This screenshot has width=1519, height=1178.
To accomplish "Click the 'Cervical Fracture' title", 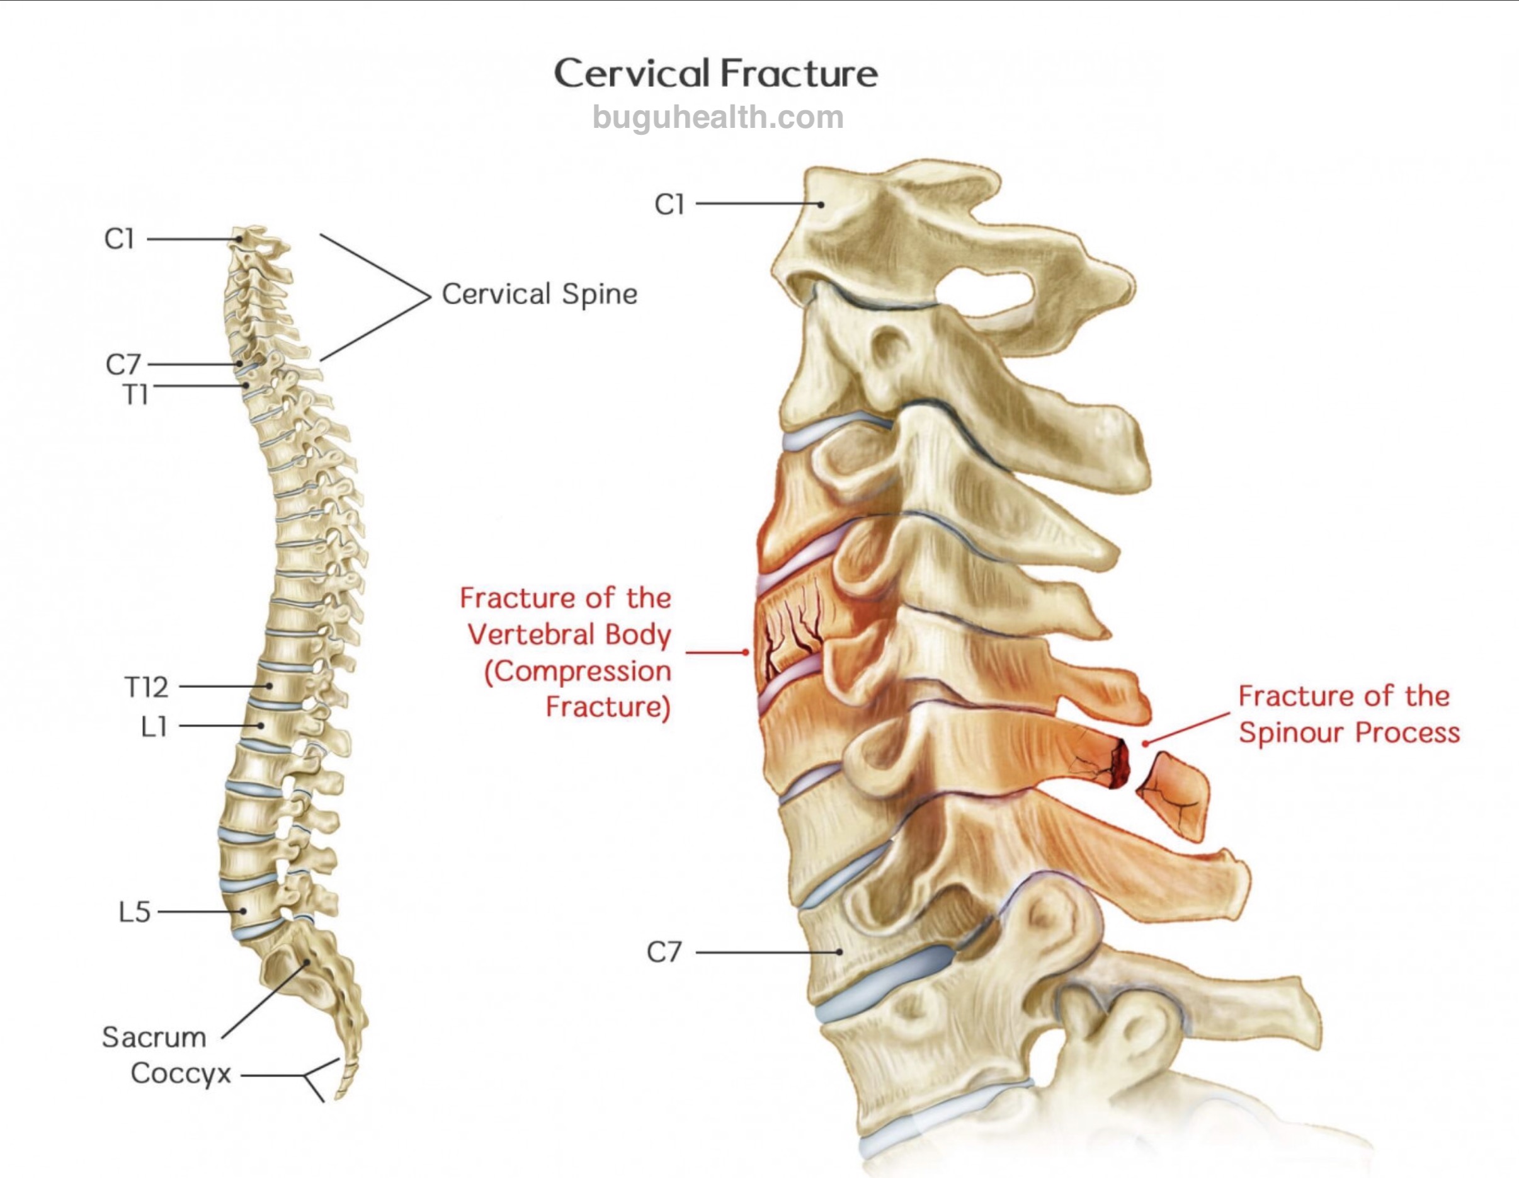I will point(715,73).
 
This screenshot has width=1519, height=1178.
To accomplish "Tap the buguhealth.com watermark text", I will point(718,117).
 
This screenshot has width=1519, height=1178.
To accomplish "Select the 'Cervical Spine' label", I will point(540,294).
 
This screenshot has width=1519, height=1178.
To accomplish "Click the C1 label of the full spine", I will point(119,239).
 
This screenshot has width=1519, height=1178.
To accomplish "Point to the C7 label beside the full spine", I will point(123,364).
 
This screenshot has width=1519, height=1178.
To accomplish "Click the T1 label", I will point(135,395).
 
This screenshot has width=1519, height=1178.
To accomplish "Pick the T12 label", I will point(147,687).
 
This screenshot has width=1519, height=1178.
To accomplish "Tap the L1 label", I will point(154,727).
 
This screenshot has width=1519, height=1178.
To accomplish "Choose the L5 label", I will point(134,912).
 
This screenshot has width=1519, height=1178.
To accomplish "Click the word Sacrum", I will point(154,1038).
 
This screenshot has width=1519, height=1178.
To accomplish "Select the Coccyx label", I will point(181,1073).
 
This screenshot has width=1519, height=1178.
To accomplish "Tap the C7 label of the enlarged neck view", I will point(664,952).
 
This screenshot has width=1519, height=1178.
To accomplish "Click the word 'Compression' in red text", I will point(578,672).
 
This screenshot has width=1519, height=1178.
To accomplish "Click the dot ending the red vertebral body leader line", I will point(746,653).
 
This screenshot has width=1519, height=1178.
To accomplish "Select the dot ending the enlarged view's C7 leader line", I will point(840,952).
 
